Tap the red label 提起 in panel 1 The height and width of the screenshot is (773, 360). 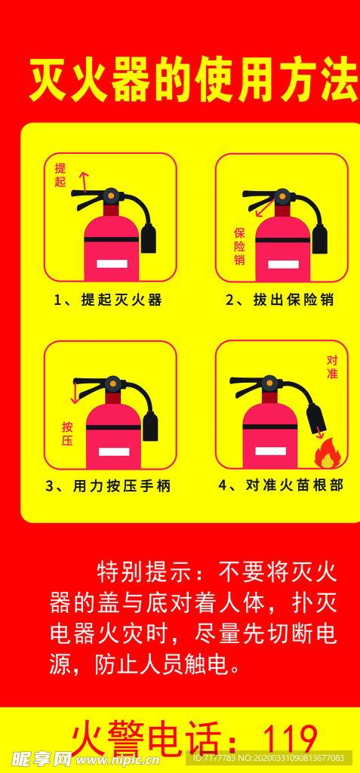point(60,175)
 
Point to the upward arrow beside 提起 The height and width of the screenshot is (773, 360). point(83,181)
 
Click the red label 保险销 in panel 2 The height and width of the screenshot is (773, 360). point(240,246)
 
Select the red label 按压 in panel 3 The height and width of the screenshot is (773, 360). point(67,433)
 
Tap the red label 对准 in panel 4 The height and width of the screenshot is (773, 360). point(332,368)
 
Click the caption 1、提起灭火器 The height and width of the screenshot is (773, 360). point(108,300)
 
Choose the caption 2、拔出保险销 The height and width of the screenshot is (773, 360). point(279,300)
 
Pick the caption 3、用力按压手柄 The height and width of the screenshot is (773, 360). point(108,486)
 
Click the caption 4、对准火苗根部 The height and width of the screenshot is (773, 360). point(281,485)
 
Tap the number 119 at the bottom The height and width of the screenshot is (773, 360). point(290,741)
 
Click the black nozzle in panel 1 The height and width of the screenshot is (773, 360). point(149,238)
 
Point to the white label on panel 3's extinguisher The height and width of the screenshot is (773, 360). point(114,451)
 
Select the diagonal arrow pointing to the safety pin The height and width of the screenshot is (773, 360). point(262,208)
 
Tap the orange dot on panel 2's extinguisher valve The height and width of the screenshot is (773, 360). point(282,196)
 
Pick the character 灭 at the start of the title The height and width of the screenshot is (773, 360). point(48,80)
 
